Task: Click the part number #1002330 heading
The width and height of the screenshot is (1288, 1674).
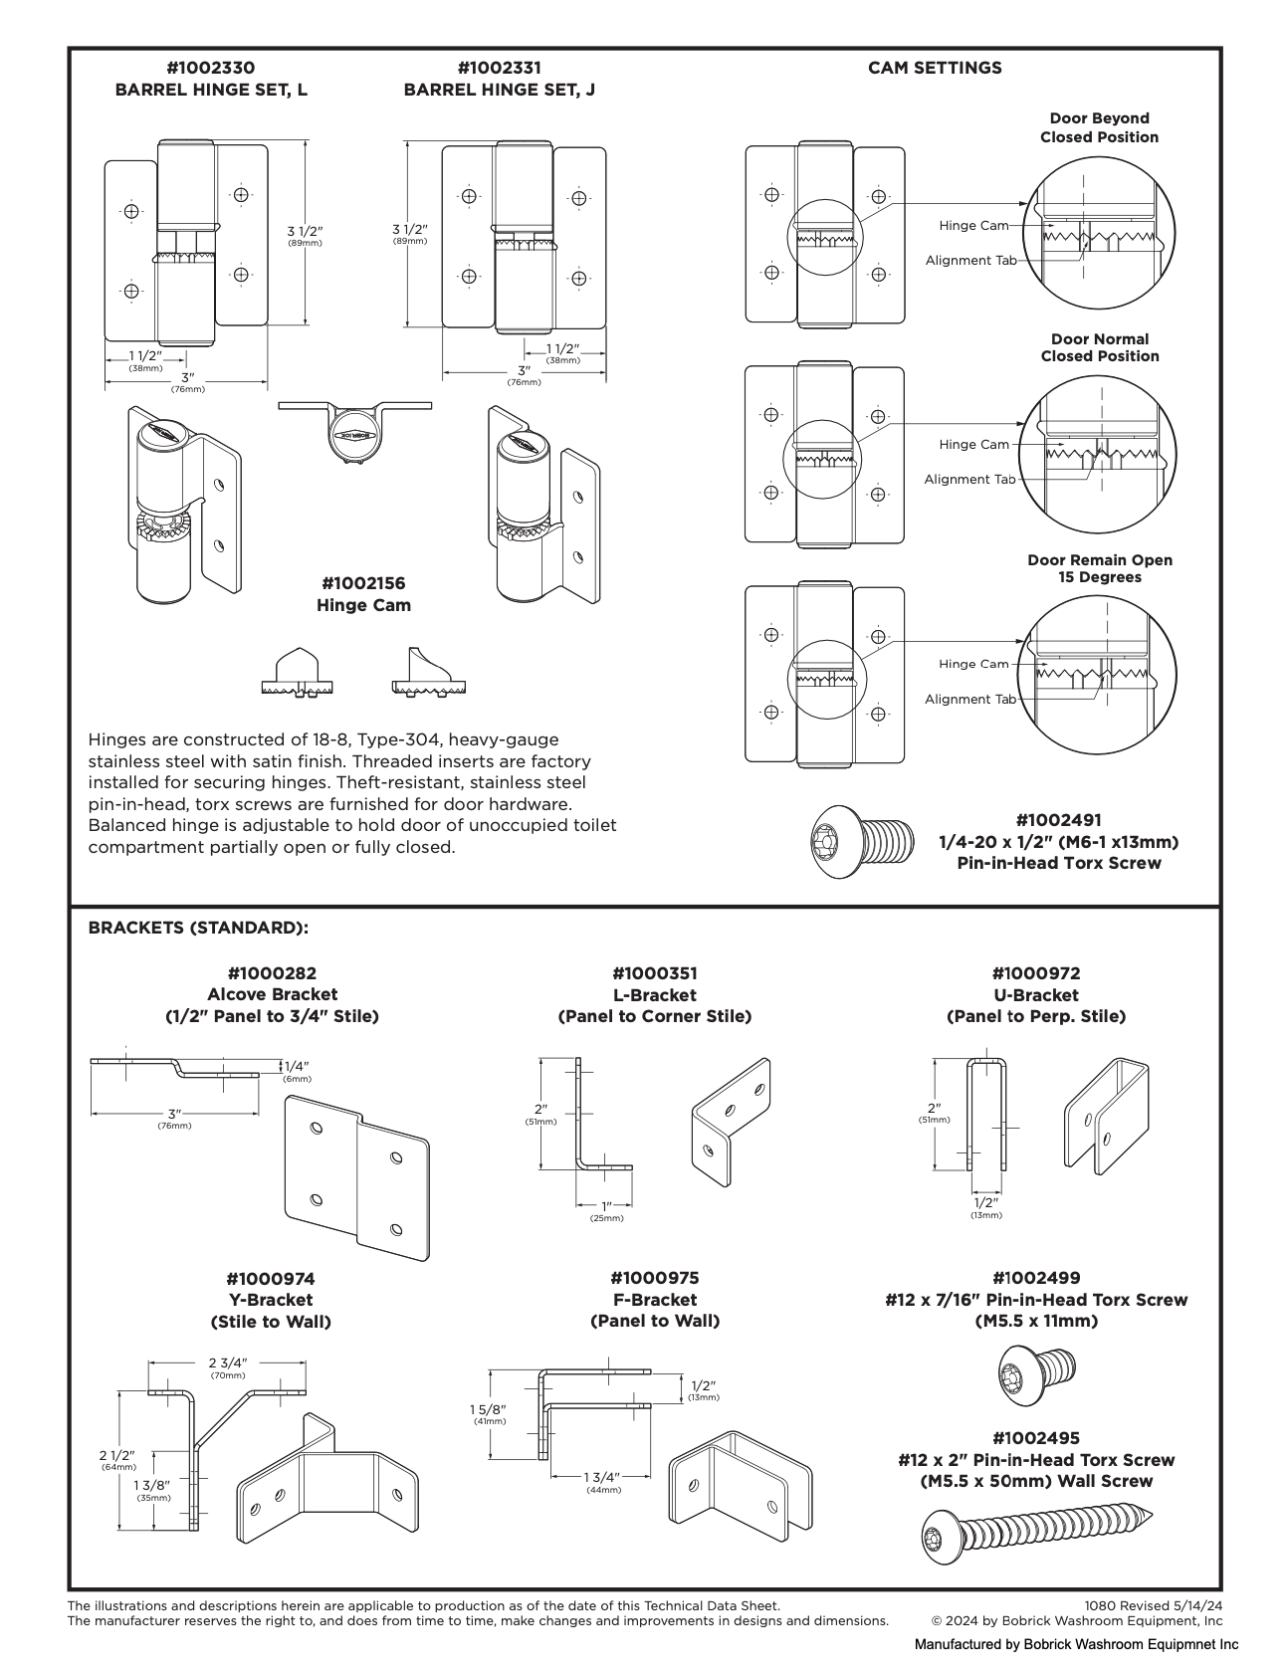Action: [210, 68]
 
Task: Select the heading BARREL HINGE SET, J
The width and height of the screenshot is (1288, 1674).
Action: [499, 90]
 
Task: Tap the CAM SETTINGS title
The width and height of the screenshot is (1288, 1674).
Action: [934, 68]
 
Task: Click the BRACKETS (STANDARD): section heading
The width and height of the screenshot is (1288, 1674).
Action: [198, 928]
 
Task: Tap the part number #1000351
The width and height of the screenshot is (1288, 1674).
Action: [654, 973]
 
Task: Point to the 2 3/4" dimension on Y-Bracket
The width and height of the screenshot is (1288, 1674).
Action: [227, 1362]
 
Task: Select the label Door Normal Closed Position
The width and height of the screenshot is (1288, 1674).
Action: [1099, 347]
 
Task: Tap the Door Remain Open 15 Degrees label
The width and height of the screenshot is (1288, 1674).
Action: [1099, 568]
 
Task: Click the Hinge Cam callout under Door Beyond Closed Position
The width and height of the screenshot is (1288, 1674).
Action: [972, 226]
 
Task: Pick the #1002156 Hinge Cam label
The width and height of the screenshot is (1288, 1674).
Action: [363, 594]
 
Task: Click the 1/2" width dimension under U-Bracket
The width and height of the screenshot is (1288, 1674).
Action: [985, 1202]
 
